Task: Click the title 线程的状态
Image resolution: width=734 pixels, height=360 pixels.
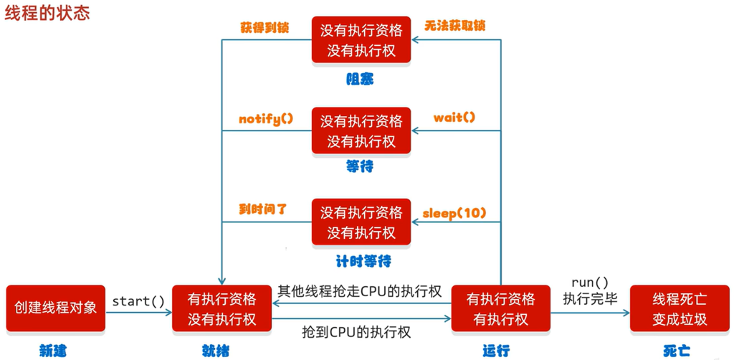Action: coord(47,13)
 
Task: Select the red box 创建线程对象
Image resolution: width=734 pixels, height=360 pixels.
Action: coord(56,308)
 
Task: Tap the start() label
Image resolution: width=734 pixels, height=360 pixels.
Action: coord(138,301)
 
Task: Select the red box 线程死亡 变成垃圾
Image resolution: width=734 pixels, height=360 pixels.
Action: coord(680,308)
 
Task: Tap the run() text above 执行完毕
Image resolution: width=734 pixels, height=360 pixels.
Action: coord(590,283)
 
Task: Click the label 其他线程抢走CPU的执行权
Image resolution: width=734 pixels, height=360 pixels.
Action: coord(360,291)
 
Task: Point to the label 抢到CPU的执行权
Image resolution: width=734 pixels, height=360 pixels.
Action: coord(357,332)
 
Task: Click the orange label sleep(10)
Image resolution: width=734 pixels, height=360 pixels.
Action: coord(454,214)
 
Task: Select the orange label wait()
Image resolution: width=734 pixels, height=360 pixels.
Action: coord(454,118)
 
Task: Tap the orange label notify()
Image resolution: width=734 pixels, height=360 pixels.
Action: coord(266,119)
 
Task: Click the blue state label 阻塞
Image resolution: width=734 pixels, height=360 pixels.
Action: coord(360,80)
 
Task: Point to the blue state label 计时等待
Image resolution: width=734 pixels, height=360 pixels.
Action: coord(363,261)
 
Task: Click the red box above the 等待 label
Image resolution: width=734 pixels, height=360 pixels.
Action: coord(361,131)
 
